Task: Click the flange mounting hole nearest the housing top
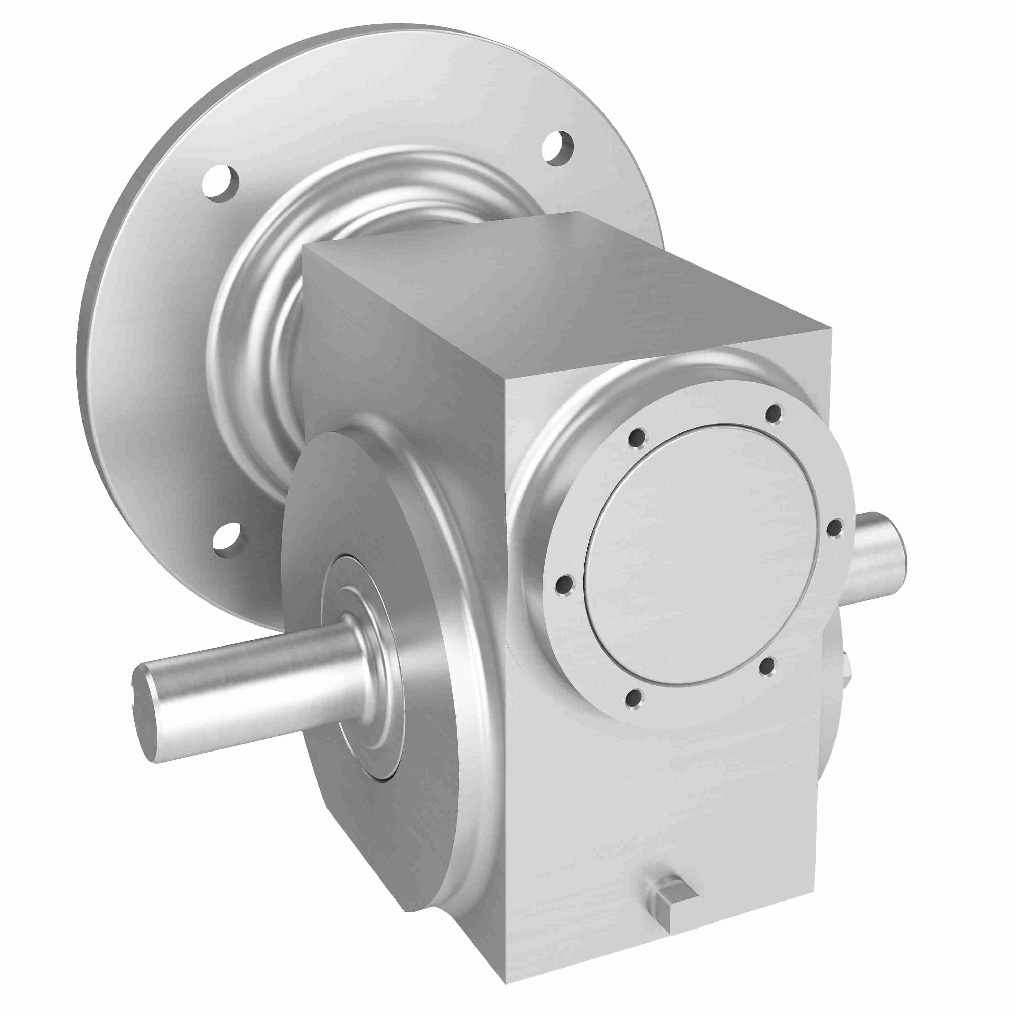pyautogui.click(x=557, y=148)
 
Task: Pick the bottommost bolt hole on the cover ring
pyautogui.click(x=634, y=698)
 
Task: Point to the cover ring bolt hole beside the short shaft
pyautogui.click(x=834, y=528)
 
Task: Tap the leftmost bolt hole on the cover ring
pyautogui.click(x=565, y=584)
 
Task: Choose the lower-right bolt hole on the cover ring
pyautogui.click(x=767, y=667)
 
